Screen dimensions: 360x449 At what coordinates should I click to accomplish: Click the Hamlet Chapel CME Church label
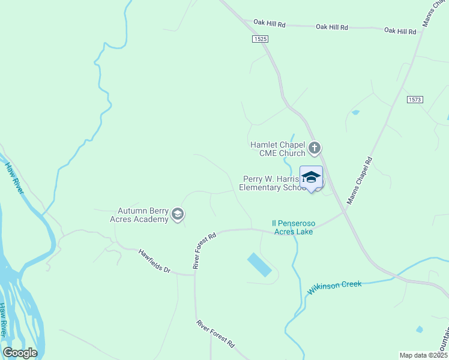tap(278, 148)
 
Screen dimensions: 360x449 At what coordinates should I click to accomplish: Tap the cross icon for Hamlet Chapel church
tap(314, 148)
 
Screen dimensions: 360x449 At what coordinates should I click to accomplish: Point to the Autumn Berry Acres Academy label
tap(143, 215)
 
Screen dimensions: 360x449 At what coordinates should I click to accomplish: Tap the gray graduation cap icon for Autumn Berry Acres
tap(177, 214)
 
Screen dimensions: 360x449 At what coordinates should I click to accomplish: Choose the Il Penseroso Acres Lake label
tap(294, 227)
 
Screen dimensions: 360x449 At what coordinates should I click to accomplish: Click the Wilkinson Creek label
tap(334, 287)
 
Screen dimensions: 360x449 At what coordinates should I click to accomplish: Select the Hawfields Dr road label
tap(155, 262)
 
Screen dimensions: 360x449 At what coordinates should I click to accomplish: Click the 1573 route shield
tap(414, 99)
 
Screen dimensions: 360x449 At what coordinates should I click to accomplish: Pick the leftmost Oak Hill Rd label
tap(269, 23)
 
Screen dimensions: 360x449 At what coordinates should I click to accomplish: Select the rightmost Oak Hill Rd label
tap(400, 30)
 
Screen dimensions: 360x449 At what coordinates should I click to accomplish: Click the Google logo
tap(20, 353)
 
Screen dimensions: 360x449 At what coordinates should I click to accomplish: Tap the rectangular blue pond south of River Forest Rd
tap(259, 265)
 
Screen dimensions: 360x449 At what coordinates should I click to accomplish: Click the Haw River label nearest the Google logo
tap(5, 321)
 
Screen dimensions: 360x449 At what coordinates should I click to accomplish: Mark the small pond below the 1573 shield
tap(355, 112)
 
